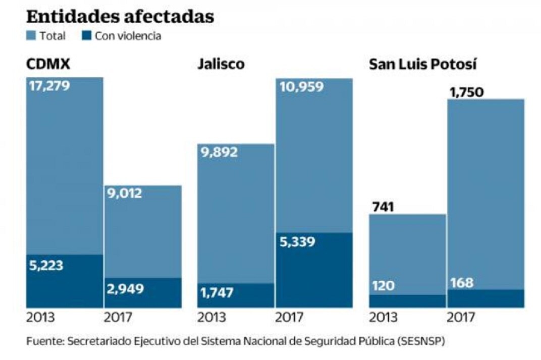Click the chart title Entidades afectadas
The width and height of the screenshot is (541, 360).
[120, 16]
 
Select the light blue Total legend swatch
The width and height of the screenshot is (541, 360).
[31, 36]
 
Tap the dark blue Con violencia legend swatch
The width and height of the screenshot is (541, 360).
[86, 36]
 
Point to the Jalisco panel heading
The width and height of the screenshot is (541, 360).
[221, 65]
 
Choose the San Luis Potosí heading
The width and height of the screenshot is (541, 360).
[423, 65]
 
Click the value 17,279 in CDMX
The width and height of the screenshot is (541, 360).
[49, 85]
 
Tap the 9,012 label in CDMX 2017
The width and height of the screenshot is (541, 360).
[124, 193]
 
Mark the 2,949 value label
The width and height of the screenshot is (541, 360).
[124, 288]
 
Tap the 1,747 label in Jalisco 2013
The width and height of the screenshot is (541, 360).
[218, 292]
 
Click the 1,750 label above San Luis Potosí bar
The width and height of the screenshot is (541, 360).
[467, 92]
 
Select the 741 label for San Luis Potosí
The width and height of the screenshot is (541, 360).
[383, 207]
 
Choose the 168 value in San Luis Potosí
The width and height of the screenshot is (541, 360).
[461, 283]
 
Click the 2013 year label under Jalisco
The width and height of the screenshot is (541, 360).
[211, 318]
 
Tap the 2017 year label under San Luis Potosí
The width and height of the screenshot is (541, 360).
[461, 318]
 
